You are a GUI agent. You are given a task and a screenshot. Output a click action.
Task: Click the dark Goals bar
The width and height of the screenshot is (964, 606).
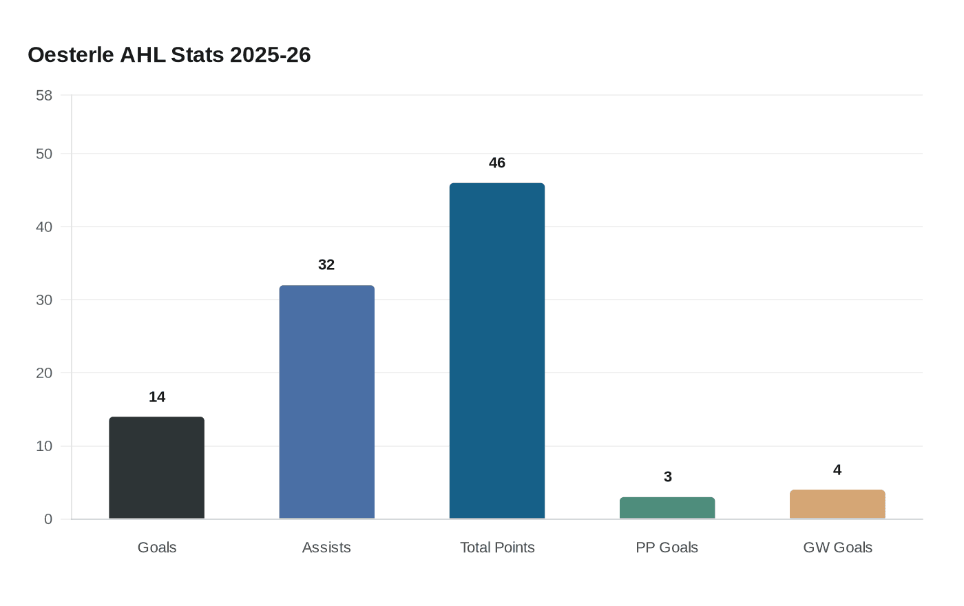tap(157, 468)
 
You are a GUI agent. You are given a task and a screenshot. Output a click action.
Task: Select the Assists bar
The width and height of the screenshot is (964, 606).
tap(326, 402)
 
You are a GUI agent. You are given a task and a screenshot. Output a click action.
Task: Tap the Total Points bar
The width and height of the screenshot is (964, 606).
tap(497, 351)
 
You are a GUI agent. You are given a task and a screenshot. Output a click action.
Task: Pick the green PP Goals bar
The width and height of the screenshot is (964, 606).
tap(667, 508)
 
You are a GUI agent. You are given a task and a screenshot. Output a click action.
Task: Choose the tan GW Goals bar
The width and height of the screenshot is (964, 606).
tap(837, 505)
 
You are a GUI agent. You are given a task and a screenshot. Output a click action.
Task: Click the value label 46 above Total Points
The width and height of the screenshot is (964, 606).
tap(497, 163)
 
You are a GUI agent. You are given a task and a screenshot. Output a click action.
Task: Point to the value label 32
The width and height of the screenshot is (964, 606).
tap(326, 265)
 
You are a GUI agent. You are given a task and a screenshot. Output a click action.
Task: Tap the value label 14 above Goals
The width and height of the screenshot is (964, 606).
tap(157, 397)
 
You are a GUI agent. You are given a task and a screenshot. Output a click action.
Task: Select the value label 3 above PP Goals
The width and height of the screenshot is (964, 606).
tap(667, 477)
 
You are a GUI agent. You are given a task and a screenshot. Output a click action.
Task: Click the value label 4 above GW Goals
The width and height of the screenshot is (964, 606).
tap(837, 470)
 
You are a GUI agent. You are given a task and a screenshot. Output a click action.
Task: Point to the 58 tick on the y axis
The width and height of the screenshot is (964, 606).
tap(44, 96)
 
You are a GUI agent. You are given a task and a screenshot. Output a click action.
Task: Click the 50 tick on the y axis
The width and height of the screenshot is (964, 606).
tap(44, 154)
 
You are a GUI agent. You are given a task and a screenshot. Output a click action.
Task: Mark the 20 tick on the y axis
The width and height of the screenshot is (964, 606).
tap(44, 373)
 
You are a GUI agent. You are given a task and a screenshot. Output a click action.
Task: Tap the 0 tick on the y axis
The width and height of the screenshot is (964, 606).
tap(48, 519)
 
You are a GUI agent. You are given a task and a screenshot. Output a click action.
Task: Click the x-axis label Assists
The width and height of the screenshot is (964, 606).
tap(326, 547)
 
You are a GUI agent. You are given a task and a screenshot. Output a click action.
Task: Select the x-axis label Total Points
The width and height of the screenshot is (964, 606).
tap(497, 547)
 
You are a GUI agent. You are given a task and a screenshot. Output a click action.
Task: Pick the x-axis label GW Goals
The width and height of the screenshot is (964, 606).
tap(837, 547)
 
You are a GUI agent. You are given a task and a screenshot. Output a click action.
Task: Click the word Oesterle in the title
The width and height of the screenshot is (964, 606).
tap(71, 55)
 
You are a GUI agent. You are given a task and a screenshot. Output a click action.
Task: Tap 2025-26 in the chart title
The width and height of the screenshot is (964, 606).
tap(271, 55)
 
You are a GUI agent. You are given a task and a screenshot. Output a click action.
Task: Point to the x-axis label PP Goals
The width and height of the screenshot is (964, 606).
tap(667, 547)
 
